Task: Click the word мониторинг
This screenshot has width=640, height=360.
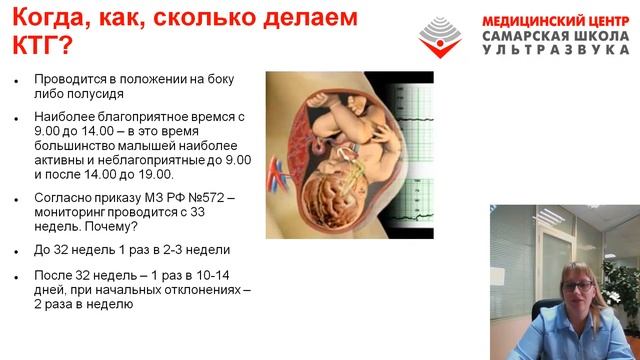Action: [71, 213]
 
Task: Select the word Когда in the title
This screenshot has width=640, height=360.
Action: [50, 17]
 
